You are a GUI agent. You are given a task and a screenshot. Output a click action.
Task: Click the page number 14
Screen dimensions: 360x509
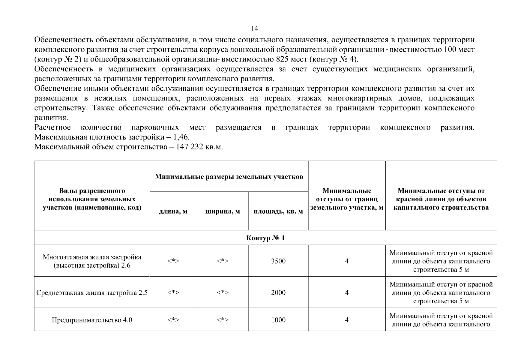[254, 28]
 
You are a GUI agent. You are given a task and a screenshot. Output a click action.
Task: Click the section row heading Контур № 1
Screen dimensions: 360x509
[265, 238]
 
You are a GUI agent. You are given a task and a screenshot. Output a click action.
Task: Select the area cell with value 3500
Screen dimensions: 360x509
[278, 261]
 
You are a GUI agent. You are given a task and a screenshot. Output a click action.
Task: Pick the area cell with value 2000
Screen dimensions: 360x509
[278, 292]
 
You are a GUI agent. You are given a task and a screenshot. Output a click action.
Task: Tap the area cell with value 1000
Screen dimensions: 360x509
[278, 320]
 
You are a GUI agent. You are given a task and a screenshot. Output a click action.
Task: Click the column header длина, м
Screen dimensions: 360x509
[173, 211]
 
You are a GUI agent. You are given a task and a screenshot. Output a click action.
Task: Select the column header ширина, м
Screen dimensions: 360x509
[223, 211]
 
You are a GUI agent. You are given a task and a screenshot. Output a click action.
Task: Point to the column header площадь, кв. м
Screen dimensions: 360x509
[278, 211]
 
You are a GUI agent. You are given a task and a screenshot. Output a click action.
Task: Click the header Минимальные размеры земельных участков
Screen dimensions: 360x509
[229, 177]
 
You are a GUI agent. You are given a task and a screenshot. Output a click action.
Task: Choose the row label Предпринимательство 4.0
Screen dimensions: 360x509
[92, 320]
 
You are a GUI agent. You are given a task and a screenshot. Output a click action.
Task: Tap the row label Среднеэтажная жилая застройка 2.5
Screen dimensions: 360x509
[92, 292]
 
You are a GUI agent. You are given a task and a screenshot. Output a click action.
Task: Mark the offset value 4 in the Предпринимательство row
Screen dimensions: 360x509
[347, 320]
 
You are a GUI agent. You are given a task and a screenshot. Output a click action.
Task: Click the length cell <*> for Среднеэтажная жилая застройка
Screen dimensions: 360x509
[173, 292]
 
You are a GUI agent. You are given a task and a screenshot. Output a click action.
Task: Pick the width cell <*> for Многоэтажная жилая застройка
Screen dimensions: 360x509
[223, 261]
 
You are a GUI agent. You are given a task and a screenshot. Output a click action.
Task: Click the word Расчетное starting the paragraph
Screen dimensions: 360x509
[52, 127]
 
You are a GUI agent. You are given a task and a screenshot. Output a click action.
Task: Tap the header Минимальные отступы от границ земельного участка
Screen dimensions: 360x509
[347, 199]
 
